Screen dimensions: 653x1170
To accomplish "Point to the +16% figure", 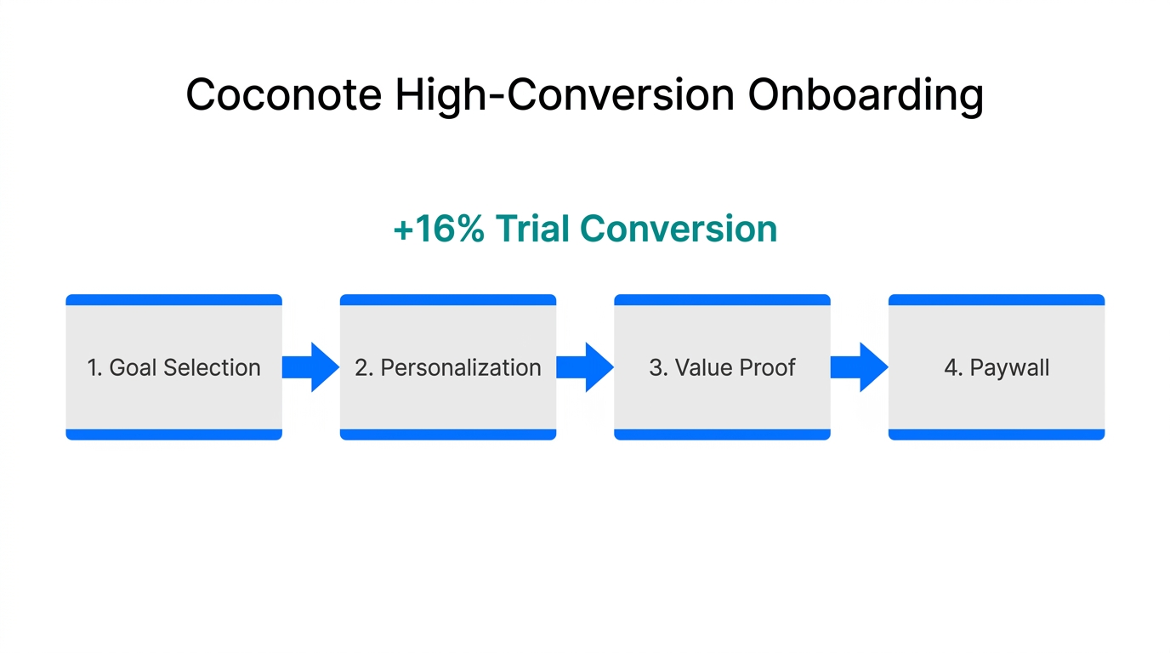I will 438,230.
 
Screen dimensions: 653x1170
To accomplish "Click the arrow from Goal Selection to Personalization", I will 310,367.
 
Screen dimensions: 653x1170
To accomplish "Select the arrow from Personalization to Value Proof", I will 585,367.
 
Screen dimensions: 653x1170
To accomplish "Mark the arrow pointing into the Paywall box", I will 859,367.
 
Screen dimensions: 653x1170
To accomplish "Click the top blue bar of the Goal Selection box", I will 173,299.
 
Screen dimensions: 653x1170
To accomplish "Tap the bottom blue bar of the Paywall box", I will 996,434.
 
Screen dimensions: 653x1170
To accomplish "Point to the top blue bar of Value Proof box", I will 722,299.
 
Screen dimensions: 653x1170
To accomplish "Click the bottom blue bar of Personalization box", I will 447,434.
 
